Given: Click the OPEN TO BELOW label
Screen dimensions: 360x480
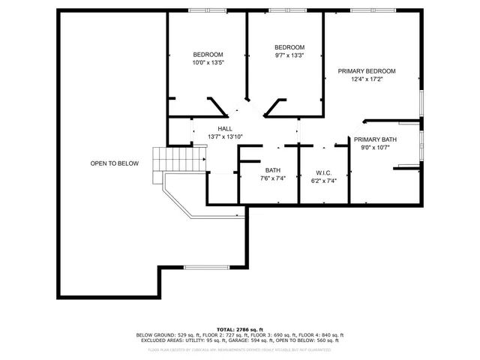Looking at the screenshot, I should [x=114, y=163].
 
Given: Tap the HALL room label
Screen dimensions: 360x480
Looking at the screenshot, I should [x=225, y=129].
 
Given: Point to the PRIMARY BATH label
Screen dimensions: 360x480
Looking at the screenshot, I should [x=375, y=139].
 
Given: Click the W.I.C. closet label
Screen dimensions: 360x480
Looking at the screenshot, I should [x=324, y=172].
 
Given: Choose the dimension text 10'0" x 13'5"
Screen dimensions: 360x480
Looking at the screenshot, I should [x=208, y=63].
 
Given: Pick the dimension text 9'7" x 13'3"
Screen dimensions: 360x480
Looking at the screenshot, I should [x=289, y=55].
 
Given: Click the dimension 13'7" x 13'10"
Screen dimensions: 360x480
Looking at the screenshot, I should [x=225, y=137].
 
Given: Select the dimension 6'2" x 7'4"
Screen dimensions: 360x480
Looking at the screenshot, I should [x=324, y=180].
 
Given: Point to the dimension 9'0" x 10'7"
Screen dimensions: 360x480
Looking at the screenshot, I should [x=375, y=148].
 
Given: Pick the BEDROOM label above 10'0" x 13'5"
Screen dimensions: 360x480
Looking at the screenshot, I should [x=208, y=55].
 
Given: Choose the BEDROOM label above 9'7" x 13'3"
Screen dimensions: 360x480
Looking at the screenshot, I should [x=289, y=47].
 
